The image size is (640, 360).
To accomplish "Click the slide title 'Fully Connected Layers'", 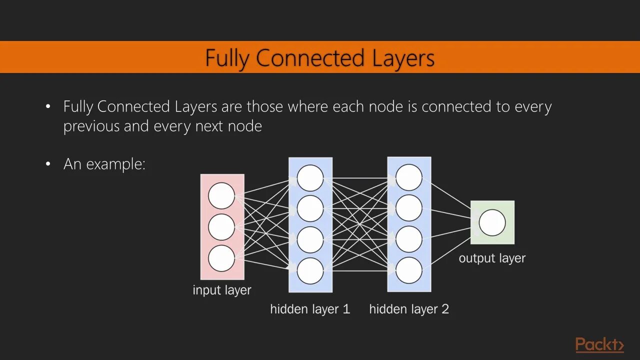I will click(320, 58).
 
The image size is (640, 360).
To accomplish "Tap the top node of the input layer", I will click(221, 195).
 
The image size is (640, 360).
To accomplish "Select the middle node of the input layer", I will click(221, 227).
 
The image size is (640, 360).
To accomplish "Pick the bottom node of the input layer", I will click(221, 258).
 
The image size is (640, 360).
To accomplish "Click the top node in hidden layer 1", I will click(310, 178).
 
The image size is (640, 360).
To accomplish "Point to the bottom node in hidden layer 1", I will click(310, 271).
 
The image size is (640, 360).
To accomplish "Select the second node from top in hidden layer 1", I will click(310, 208).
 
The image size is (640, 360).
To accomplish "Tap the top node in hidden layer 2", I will click(409, 177).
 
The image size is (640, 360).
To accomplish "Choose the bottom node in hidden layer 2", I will click(409, 270).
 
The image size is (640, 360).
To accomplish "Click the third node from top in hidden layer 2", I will click(409, 239).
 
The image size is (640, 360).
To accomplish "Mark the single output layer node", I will click(492, 223).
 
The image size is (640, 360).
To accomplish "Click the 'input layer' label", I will click(222, 290).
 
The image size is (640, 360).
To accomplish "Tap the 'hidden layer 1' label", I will click(310, 309).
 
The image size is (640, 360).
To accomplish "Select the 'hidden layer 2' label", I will click(409, 309).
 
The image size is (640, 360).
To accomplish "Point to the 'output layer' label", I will click(492, 258).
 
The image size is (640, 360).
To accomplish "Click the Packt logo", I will click(599, 345).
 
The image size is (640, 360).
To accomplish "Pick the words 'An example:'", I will click(104, 164).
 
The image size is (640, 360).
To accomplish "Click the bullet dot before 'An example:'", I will click(48, 164).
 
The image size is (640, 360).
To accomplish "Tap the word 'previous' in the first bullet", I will click(91, 126).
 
